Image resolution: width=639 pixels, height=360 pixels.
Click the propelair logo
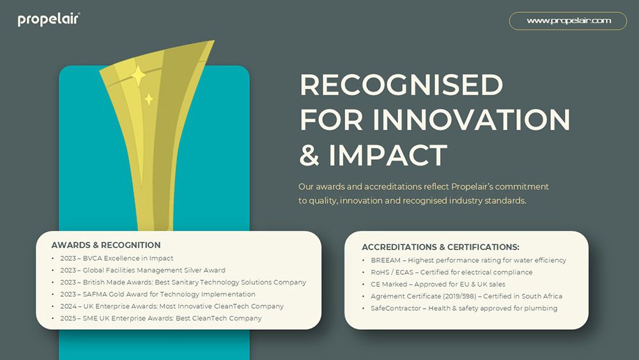(49, 20)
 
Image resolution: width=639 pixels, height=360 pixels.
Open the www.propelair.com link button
(568, 21)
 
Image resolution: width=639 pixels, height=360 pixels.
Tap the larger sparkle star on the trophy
(138, 75)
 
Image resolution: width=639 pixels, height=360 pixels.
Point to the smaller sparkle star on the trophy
(149, 99)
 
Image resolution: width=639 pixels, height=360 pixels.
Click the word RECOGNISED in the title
(401, 85)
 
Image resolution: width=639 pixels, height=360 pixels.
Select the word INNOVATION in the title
(471, 120)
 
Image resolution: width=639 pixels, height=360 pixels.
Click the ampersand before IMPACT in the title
(309, 155)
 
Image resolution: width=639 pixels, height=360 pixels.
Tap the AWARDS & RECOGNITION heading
(106, 245)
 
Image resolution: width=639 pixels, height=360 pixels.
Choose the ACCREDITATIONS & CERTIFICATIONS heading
(440, 247)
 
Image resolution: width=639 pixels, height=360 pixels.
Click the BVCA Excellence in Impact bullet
(116, 258)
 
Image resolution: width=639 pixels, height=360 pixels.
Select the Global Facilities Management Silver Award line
(142, 270)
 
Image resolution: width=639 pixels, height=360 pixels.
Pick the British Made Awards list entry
(183, 282)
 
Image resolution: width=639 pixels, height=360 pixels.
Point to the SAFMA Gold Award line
(158, 294)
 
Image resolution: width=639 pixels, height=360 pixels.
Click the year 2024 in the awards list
(68, 306)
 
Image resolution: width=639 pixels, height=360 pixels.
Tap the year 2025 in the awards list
(68, 318)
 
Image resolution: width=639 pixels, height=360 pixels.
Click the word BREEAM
(385, 260)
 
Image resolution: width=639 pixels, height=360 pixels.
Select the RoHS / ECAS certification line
(452, 272)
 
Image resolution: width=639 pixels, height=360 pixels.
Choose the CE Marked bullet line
(438, 284)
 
